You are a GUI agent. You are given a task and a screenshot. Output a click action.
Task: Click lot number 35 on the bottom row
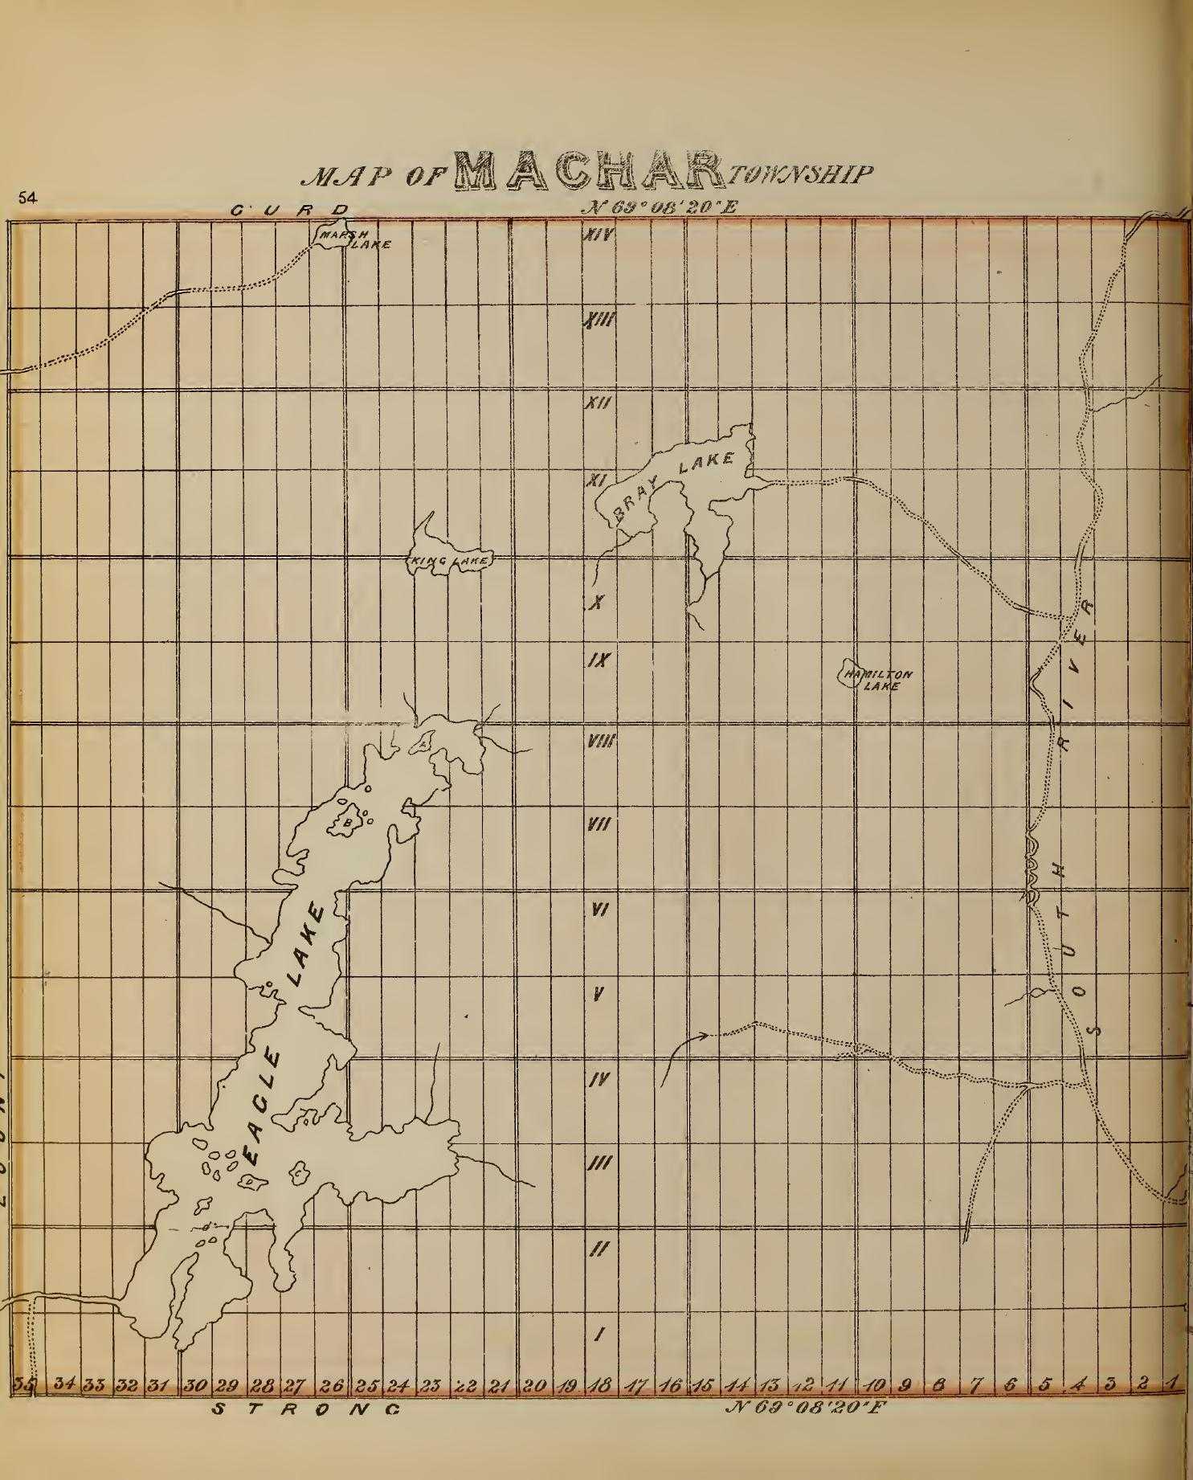pos(22,1384)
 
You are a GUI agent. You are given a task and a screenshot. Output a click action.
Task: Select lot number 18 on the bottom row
pos(599,1384)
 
